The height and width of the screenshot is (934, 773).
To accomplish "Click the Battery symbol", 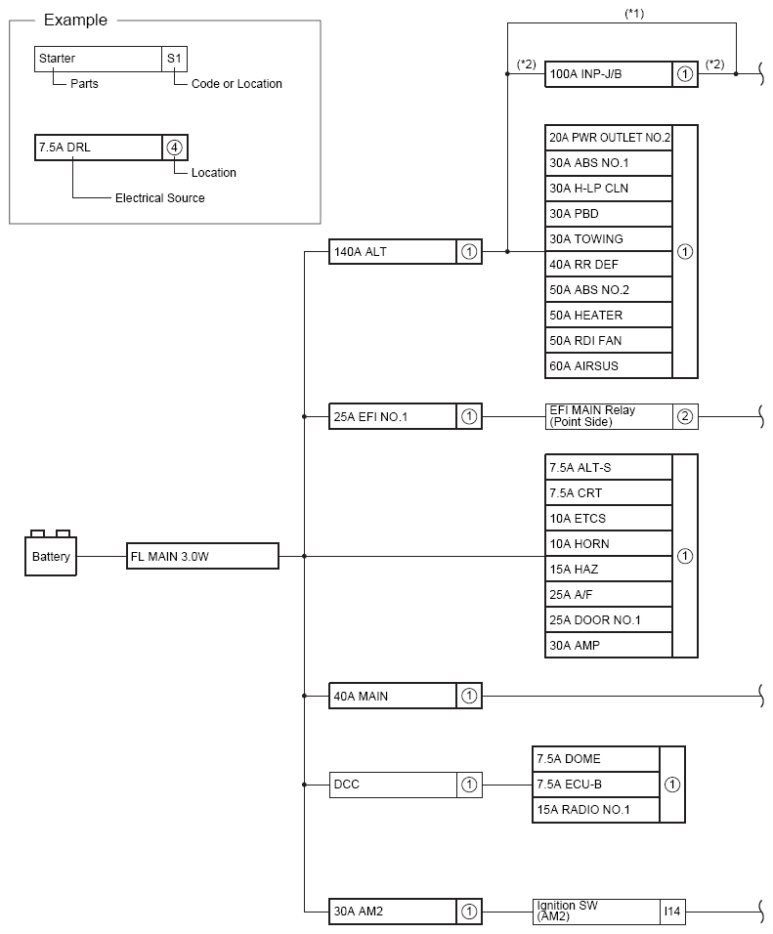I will click(51, 555).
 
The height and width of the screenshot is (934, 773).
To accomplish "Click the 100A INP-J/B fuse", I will click(609, 73).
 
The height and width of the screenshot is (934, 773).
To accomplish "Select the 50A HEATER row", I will click(609, 316).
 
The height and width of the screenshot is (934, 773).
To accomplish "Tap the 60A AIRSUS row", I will click(609, 366).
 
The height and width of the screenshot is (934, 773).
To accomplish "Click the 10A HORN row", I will click(609, 544).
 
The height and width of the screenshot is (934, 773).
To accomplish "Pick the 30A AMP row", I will click(609, 646).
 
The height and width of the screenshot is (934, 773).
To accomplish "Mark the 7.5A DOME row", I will click(596, 759).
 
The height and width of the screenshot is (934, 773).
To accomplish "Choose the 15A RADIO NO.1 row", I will click(596, 810).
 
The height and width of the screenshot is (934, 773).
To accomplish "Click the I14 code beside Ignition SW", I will click(672, 912).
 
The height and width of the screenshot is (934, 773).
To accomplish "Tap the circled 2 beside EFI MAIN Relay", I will click(685, 417).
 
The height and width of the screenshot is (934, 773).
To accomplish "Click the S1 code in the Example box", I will click(174, 59).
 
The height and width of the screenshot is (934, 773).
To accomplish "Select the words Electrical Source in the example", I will click(160, 198).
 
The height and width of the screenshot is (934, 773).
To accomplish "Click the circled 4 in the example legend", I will click(174, 148).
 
